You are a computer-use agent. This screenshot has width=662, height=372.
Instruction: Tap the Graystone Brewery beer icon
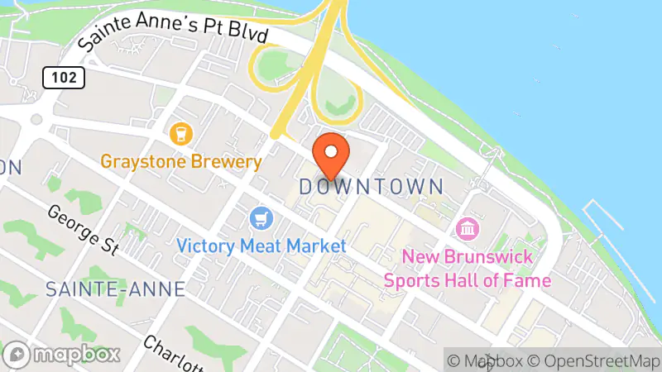180,132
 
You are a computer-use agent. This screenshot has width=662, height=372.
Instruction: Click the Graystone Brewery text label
181,161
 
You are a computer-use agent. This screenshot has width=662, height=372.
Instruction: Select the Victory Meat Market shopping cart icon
261,219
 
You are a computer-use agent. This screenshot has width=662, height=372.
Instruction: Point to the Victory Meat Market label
261,246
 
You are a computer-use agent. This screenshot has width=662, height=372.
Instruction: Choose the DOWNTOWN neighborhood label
371,186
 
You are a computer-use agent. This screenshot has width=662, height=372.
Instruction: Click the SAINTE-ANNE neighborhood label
115,289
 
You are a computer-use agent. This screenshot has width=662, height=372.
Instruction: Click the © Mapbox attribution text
488,360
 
